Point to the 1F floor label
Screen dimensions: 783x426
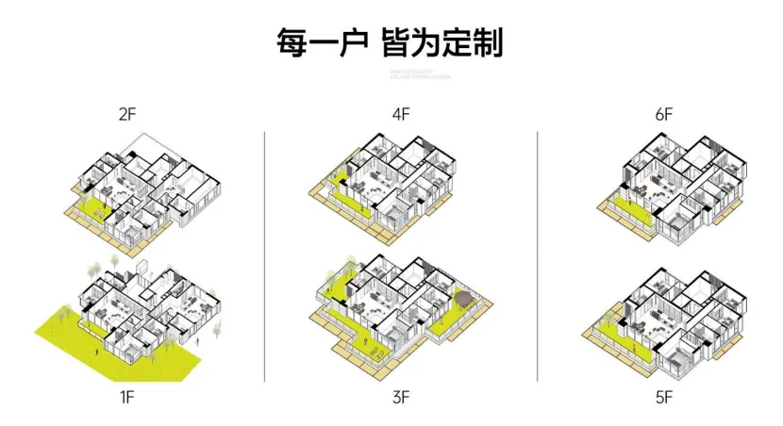127,397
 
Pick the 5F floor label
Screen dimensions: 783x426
664,397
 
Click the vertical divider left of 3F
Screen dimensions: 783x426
265,254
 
